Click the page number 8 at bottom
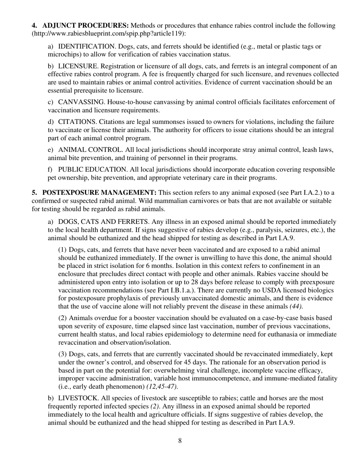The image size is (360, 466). pyautogui.click(x=180, y=441)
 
